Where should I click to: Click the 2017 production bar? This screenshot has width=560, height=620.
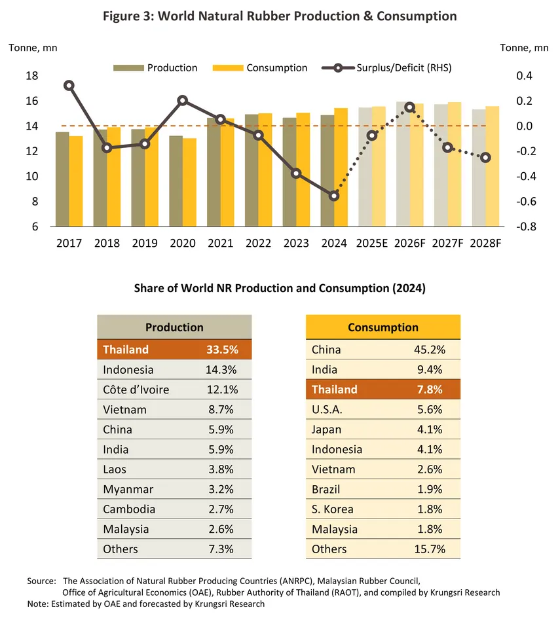point(62,179)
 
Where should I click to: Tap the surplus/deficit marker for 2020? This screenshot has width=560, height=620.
point(183,101)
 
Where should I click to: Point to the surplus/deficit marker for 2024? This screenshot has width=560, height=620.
point(334,196)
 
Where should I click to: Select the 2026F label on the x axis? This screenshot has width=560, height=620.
point(409,244)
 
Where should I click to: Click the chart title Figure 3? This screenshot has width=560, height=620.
point(280,16)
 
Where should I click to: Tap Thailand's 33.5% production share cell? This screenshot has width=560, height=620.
point(217,350)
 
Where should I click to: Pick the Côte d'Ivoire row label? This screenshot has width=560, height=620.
point(136,390)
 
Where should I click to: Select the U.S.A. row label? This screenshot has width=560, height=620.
point(327,409)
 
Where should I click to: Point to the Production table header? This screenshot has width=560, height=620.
point(174,327)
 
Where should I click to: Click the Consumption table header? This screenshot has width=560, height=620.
point(383,327)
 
